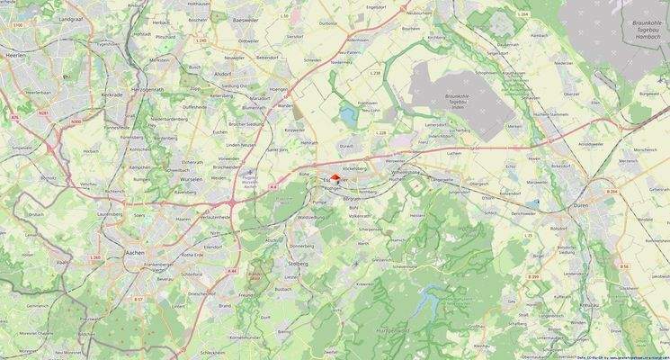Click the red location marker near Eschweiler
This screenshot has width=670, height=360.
click(x=335, y=177)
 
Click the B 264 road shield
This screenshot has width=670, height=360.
click(x=612, y=193)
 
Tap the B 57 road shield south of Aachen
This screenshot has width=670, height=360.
click(x=138, y=298)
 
